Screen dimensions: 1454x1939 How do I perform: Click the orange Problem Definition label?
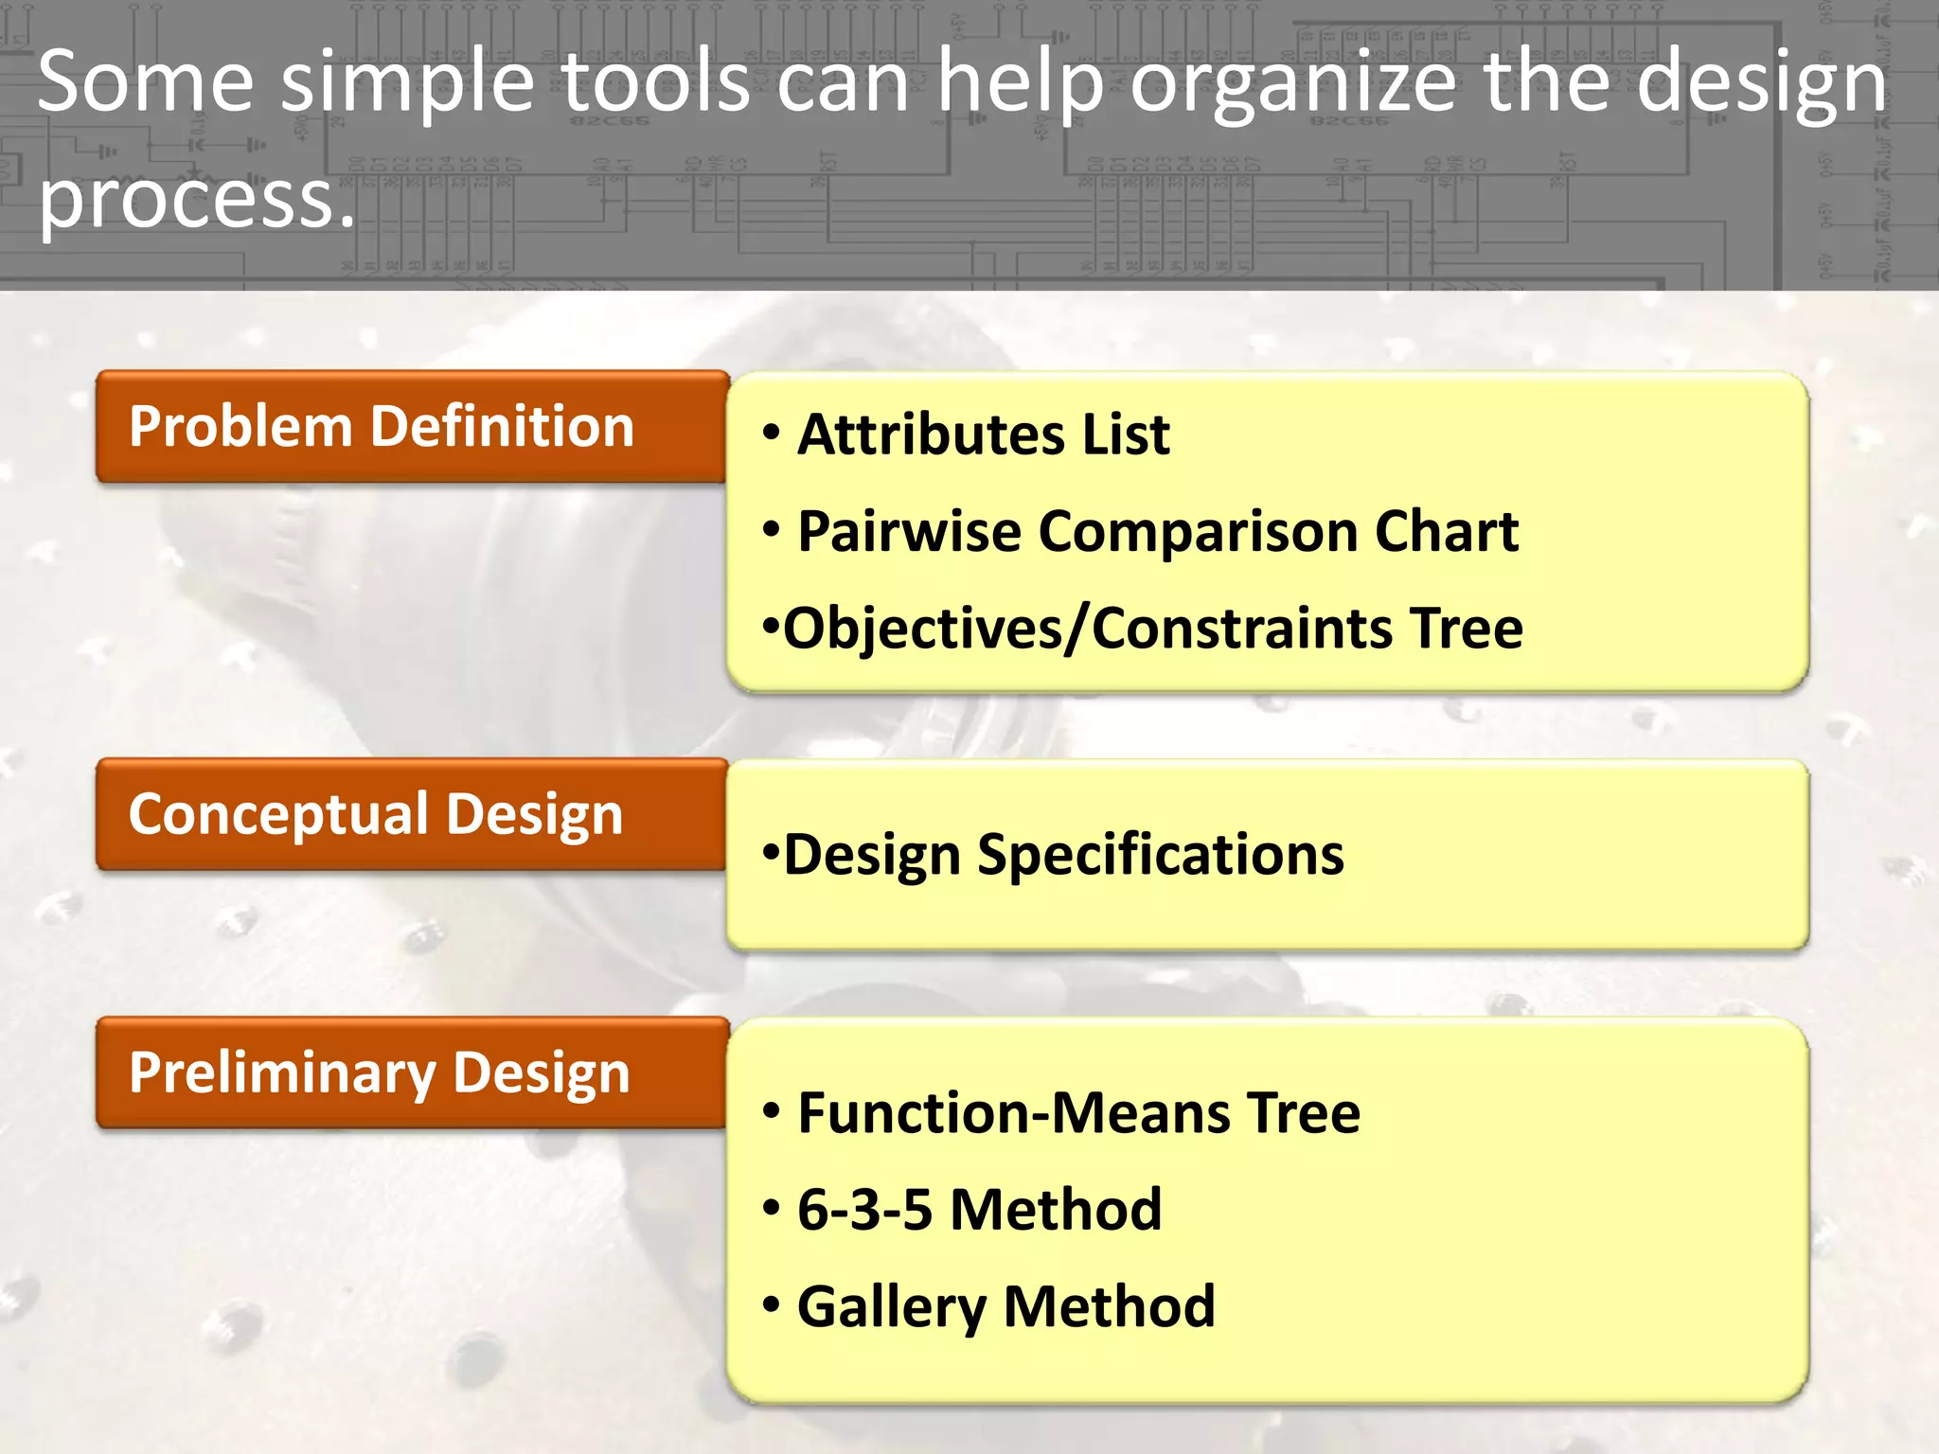point(411,427)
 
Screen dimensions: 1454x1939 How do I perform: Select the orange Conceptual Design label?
point(411,815)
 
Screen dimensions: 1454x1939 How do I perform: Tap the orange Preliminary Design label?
point(411,1073)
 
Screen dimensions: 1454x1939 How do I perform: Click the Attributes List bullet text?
point(983,435)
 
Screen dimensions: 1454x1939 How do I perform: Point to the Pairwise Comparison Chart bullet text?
point(1157,532)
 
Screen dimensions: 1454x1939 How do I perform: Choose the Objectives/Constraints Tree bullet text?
point(1152,629)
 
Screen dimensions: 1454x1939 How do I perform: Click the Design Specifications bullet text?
point(1062,856)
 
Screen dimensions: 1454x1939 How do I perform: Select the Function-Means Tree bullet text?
point(1078,1113)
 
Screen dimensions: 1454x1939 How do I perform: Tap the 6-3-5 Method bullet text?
point(979,1210)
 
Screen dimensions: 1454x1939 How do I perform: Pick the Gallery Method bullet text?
point(1005,1307)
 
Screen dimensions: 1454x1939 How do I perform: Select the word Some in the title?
point(146,83)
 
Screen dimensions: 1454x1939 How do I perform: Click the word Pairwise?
point(909,532)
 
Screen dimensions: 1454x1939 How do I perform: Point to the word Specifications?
point(1160,856)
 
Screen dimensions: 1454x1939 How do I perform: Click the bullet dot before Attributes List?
point(772,433)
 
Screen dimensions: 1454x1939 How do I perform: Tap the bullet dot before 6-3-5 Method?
point(772,1208)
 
